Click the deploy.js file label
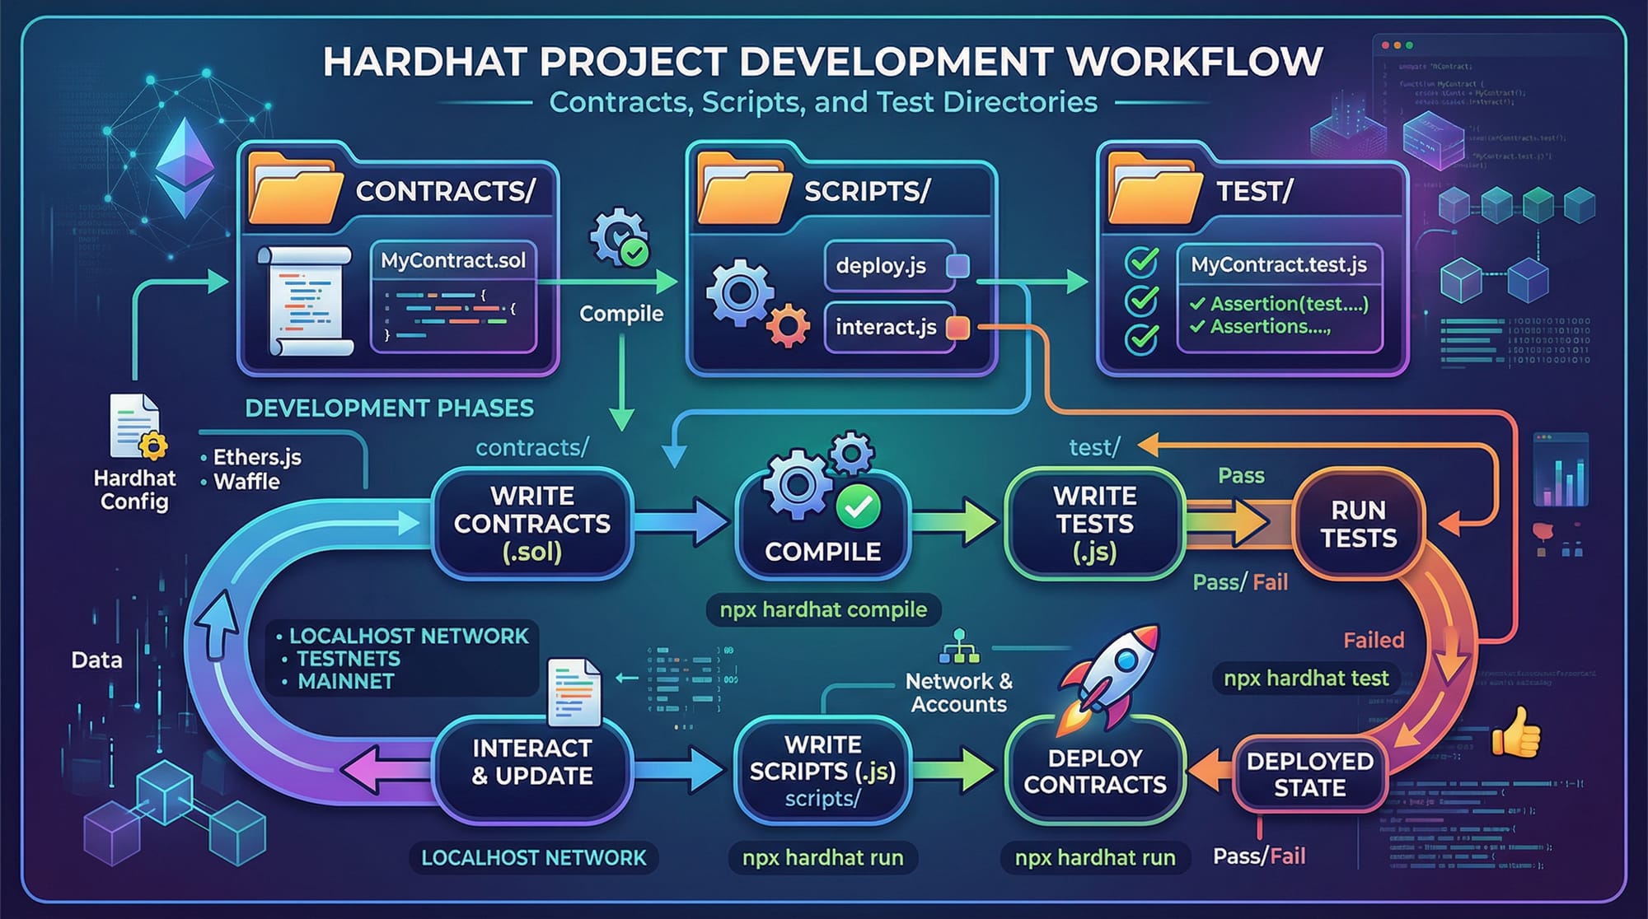pos(881,266)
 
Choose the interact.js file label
pos(886,328)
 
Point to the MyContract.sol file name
pos(453,261)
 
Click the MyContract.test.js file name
pos(1279,264)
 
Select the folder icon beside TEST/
pos(1154,189)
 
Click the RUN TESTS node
pos(1359,524)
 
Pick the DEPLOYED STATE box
pos(1309,774)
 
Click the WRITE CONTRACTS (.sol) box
pos(532,524)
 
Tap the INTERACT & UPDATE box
pos(532,762)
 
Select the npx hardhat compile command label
pos(823,610)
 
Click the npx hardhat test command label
pos(1306,679)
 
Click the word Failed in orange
pos(1374,640)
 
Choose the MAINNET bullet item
pos(345,682)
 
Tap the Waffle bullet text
pos(246,482)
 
